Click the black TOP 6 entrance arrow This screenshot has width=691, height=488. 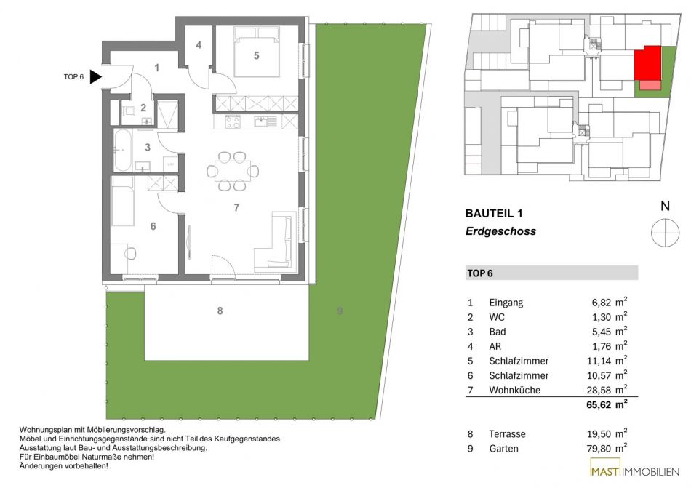coord(95,76)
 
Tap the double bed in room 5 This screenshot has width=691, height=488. coord(257,52)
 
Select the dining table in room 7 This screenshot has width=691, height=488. coord(233,171)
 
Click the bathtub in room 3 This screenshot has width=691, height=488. coord(122,151)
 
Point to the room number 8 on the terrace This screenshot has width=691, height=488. coord(220,311)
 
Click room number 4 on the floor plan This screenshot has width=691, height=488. coord(199,45)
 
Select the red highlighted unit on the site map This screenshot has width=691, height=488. coord(648,63)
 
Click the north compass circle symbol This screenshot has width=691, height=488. coord(665,232)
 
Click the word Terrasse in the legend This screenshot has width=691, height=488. coord(507,434)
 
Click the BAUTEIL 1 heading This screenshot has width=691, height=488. coord(494,214)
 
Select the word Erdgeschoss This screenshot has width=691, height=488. coord(500,231)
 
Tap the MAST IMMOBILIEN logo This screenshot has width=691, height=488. coord(635,471)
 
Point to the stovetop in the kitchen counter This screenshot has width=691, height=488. coord(233,121)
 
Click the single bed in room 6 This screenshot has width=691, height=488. coord(122,201)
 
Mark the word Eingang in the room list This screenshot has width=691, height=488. coord(506,303)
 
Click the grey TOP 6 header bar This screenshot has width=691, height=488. coord(552,273)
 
